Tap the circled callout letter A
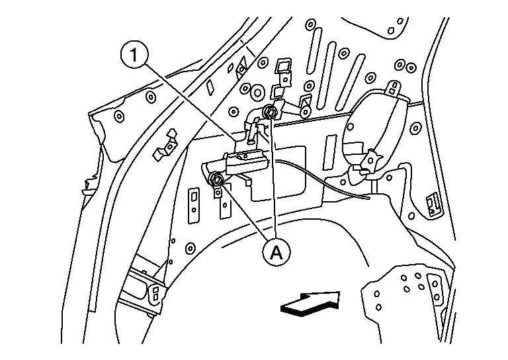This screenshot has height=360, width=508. point(276,252)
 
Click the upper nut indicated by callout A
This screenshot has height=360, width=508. point(269,112)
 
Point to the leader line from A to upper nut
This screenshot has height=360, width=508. point(272,179)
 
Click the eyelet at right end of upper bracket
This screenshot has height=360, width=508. point(306,112)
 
